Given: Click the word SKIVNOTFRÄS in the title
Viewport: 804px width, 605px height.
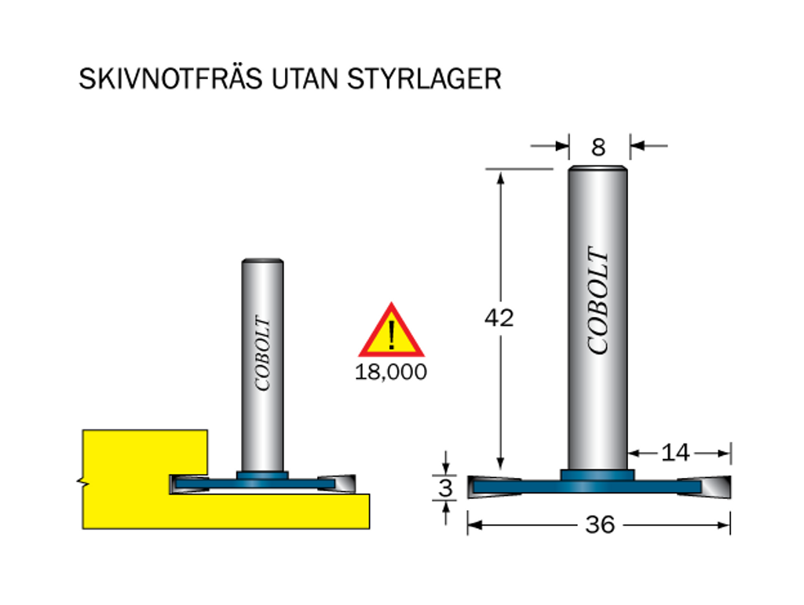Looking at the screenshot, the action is click(170, 78).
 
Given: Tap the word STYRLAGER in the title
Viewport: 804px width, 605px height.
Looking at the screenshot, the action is click(424, 79).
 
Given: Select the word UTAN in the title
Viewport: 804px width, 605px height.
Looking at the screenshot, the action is click(305, 79).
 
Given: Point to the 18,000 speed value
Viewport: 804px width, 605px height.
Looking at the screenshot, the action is click(391, 372).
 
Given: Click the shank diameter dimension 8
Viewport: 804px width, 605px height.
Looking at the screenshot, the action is click(598, 148).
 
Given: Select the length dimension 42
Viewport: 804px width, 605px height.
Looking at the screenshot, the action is click(499, 318).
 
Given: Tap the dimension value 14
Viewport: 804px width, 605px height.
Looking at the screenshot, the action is click(675, 453).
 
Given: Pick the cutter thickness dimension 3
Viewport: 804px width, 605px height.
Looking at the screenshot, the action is click(446, 488).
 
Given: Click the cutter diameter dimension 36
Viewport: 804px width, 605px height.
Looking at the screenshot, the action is click(600, 525).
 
